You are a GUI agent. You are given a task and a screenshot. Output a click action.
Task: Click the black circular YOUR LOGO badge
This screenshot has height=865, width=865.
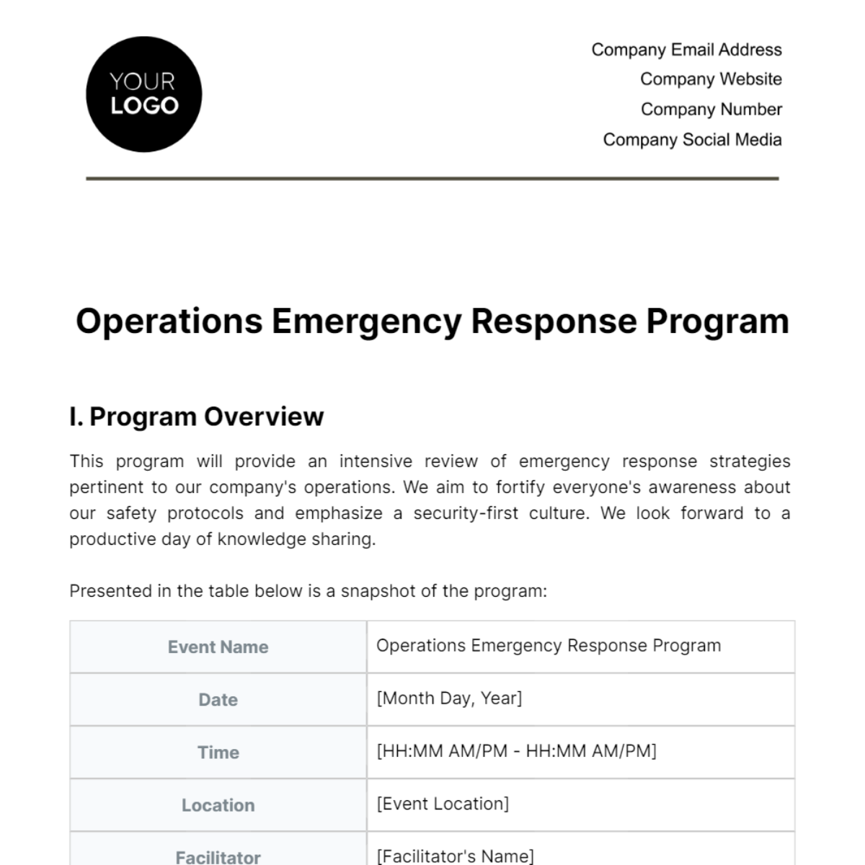[143, 94]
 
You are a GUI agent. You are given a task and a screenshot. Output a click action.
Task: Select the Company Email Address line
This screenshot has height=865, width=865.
[686, 50]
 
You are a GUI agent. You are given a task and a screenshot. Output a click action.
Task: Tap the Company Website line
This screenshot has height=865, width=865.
[711, 79]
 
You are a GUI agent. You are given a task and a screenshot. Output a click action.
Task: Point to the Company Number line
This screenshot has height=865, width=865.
[711, 110]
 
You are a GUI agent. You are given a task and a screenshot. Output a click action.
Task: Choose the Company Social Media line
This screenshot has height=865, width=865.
[692, 140]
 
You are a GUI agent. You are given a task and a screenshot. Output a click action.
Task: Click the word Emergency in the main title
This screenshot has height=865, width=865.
[366, 321]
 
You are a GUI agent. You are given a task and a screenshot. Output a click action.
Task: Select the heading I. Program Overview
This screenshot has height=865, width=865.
[197, 417]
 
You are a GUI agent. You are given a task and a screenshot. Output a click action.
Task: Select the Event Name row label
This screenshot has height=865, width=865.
[218, 647]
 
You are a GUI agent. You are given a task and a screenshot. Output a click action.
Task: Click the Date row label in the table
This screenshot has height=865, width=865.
[218, 700]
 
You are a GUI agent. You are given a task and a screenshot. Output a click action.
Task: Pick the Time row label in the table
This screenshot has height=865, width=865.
[218, 753]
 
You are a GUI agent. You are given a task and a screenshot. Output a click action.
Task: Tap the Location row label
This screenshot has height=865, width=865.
[218, 805]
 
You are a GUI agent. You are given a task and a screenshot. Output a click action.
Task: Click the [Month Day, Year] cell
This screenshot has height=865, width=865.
[449, 698]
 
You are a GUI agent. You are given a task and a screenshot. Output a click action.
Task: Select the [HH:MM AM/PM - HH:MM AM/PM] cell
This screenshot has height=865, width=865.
[516, 751]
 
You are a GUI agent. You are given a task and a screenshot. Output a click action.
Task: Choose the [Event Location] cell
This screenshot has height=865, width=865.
[443, 804]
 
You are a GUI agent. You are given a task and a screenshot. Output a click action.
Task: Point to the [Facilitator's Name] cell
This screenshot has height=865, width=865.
[455, 856]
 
